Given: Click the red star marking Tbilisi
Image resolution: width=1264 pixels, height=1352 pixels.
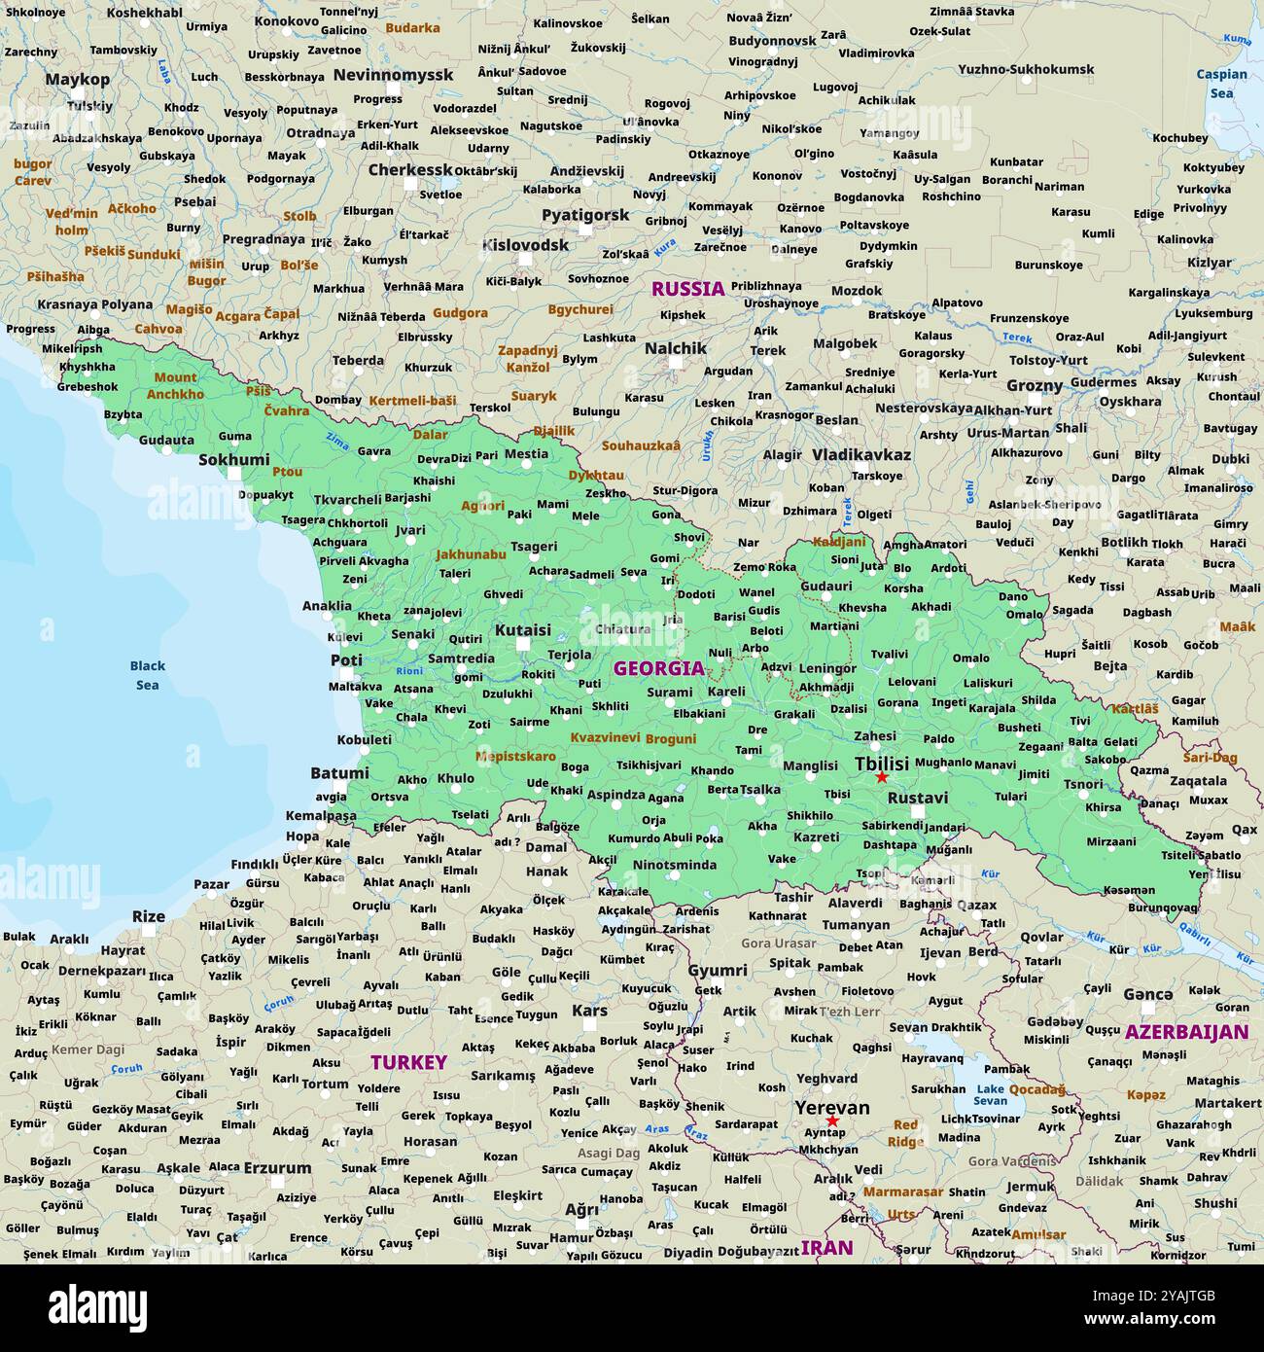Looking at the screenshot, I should coord(881,777).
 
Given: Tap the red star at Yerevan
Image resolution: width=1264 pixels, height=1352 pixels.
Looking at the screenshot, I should coord(832,1121).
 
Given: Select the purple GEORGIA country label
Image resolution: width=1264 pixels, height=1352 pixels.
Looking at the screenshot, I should coord(658,668).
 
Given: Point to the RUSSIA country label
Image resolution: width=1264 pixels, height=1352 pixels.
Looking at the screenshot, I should coord(687,288).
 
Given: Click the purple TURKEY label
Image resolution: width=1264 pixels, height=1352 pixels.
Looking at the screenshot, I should coord(408,1062).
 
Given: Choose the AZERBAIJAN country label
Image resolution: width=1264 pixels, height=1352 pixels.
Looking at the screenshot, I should coord(1186,1032).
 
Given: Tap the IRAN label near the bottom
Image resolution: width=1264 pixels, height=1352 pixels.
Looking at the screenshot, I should coord(826,1247).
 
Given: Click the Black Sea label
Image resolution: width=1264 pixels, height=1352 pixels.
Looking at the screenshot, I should coord(148,675).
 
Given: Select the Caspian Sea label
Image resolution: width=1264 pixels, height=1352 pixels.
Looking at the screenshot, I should coord(1221,84).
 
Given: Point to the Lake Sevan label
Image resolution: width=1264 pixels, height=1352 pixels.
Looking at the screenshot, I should coord(991,1094).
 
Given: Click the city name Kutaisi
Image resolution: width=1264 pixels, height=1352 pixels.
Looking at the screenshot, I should coord(523,630).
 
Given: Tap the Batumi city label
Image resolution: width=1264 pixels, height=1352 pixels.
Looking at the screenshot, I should coord(339,773).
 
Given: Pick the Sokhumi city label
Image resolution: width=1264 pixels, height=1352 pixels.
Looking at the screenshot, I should coord(234,460).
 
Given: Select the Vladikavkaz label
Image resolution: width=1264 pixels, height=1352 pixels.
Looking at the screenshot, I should coord(861,454).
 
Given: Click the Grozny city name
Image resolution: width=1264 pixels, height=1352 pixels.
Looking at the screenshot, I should coord(1034,385).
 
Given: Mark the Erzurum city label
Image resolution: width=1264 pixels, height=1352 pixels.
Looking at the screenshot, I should coord(277,1167).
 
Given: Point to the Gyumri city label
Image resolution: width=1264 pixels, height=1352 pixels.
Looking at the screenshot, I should coord(718,970).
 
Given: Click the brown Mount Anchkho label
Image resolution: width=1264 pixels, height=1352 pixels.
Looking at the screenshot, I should coord(175,385).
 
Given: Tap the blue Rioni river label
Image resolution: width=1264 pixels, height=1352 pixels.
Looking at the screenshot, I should coord(409,670).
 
